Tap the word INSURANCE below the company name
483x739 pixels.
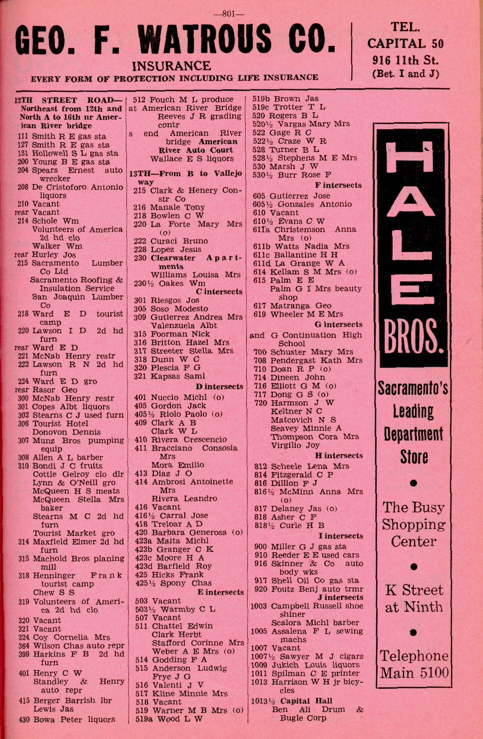171,66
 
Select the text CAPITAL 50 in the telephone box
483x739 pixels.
405,43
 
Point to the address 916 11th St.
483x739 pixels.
405,60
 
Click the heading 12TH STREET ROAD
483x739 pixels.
68,100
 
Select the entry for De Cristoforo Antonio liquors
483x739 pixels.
70,191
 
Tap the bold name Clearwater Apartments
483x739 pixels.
187,262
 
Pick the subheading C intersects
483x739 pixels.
219,291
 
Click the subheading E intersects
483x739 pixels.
220,592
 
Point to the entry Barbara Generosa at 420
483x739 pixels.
189,532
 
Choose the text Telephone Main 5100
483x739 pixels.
414,664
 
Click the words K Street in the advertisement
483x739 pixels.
414,590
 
